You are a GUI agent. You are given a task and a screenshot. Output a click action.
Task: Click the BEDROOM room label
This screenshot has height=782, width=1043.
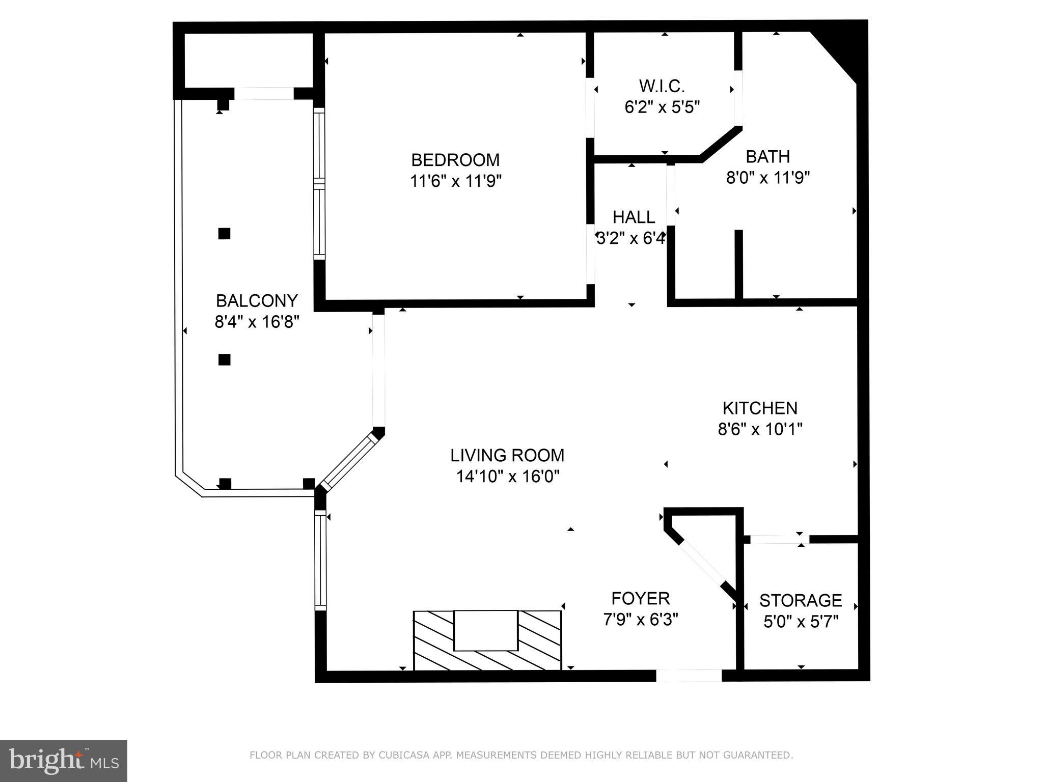click(455, 160)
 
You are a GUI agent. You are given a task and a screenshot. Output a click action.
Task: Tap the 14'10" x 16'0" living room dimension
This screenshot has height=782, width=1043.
click(508, 477)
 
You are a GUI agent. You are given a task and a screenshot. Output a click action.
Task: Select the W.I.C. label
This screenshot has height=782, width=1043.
click(662, 86)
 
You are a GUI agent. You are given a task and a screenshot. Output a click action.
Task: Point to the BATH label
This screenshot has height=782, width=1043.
click(767, 156)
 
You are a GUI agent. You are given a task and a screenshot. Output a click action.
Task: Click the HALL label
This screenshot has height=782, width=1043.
click(634, 217)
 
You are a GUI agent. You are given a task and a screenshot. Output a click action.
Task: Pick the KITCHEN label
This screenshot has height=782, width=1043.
click(760, 408)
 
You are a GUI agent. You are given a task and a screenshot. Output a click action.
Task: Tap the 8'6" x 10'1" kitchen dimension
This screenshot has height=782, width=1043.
click(760, 430)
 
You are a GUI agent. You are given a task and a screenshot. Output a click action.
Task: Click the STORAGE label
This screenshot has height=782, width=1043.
click(801, 600)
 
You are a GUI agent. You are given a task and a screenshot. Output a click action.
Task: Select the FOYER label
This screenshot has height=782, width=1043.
click(641, 598)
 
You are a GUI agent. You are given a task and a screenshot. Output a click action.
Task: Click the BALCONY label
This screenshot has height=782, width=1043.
click(257, 301)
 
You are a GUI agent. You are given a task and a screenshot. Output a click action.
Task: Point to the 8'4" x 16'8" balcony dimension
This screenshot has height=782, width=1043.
click(257, 322)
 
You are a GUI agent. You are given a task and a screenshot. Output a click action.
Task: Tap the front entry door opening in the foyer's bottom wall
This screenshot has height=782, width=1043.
click(689, 676)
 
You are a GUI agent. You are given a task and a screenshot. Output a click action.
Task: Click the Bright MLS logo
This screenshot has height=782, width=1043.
click(64, 761)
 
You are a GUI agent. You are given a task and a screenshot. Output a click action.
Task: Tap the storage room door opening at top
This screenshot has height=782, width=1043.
click(776, 539)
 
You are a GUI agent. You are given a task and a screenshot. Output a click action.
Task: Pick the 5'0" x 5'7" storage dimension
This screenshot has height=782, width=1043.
click(801, 622)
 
